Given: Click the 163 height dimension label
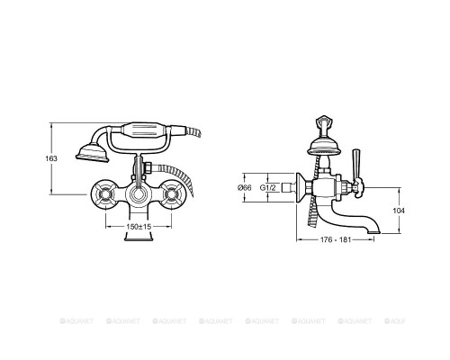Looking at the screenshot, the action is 51,158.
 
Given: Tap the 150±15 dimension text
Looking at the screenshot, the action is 139,227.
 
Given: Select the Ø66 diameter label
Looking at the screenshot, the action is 245,188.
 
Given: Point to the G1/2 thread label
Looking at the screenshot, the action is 267,188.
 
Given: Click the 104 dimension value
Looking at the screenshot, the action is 399,211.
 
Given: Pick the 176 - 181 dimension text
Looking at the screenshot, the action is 336,239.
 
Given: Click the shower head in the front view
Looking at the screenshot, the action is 93,153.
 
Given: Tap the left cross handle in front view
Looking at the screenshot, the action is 105,195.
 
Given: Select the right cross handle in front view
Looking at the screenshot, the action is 172,195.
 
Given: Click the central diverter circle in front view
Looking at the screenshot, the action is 139,195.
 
